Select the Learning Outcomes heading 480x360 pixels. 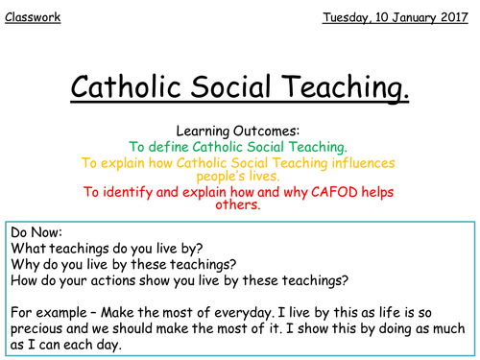click(240, 130)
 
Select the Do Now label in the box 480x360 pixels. click(38, 233)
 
